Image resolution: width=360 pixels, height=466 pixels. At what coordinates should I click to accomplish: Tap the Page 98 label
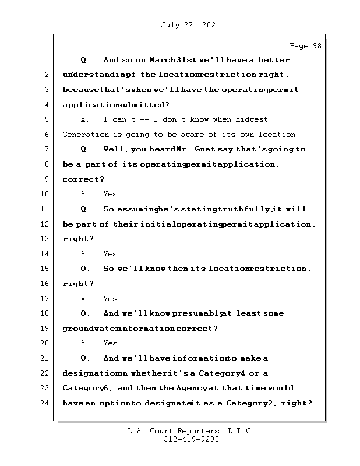[x=305, y=47]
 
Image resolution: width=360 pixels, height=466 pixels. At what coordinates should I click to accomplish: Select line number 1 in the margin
[x=46, y=60]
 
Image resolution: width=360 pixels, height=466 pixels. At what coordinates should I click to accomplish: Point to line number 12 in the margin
[x=44, y=224]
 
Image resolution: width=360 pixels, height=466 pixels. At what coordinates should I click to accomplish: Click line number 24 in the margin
[x=44, y=403]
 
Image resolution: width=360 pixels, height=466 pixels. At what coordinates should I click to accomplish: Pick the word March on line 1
[x=163, y=60]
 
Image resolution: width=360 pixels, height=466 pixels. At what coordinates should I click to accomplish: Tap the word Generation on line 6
[x=83, y=135]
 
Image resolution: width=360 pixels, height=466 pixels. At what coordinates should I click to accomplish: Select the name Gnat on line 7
[x=211, y=149]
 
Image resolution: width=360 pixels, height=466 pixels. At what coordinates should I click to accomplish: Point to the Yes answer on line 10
[x=112, y=194]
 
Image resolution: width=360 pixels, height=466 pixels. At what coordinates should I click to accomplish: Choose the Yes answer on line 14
[x=112, y=254]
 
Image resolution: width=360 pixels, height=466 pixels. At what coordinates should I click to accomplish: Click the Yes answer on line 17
[x=112, y=299]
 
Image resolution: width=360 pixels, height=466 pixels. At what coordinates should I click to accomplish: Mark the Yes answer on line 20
[x=112, y=344]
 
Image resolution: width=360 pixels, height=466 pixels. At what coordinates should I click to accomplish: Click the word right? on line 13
[x=78, y=239]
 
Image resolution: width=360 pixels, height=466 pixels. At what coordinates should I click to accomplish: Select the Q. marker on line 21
[x=85, y=358]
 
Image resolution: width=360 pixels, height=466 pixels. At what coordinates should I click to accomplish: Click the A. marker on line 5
[x=85, y=119]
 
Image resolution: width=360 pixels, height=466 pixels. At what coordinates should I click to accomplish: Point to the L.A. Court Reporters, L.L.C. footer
[x=190, y=431]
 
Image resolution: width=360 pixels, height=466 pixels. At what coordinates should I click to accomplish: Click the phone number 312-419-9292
[x=191, y=440]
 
